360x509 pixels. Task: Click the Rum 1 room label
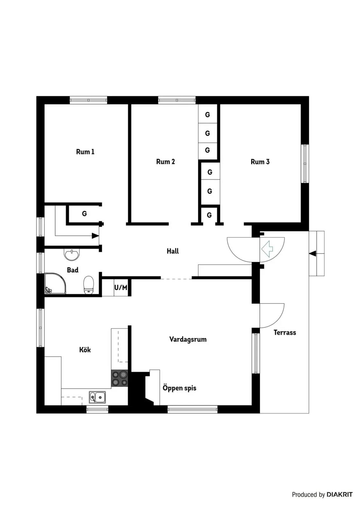point(85,152)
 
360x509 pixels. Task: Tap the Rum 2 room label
point(165,162)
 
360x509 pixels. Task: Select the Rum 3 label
point(260,162)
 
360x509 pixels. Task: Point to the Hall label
point(173,251)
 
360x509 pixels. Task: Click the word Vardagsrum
point(188,339)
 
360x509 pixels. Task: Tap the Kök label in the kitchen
point(85,350)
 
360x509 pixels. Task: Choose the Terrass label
point(285,333)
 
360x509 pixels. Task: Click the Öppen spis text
point(179,388)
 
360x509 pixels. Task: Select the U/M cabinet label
point(121,288)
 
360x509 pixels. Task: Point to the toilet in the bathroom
point(88,285)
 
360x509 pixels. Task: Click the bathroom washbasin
point(72,254)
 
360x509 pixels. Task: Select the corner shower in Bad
point(55,283)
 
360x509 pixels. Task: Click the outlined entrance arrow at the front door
point(267,249)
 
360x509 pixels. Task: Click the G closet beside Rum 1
point(84,213)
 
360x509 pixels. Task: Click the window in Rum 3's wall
point(305,164)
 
